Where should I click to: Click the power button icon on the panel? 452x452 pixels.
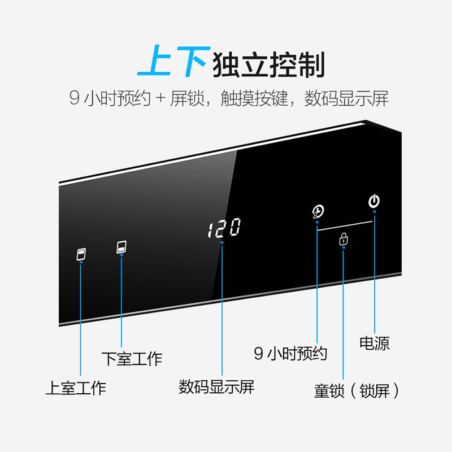[374, 201]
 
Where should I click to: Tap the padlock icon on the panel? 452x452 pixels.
[344, 240]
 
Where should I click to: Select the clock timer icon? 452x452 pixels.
[318, 212]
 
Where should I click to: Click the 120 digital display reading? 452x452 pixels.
[224, 228]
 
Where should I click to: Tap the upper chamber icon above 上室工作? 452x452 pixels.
[81, 254]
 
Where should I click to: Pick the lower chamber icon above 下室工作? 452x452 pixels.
[121, 247]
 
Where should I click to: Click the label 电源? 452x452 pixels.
[375, 343]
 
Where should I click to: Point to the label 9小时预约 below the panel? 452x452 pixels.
[290, 354]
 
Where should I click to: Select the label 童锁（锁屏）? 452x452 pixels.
[357, 391]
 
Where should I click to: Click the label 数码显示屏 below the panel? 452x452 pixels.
[217, 387]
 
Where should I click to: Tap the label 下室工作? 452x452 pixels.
[132, 358]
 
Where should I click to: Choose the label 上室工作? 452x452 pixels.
[76, 388]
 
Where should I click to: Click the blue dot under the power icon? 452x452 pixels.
[374, 212]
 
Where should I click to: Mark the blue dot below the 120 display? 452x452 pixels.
[222, 242]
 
